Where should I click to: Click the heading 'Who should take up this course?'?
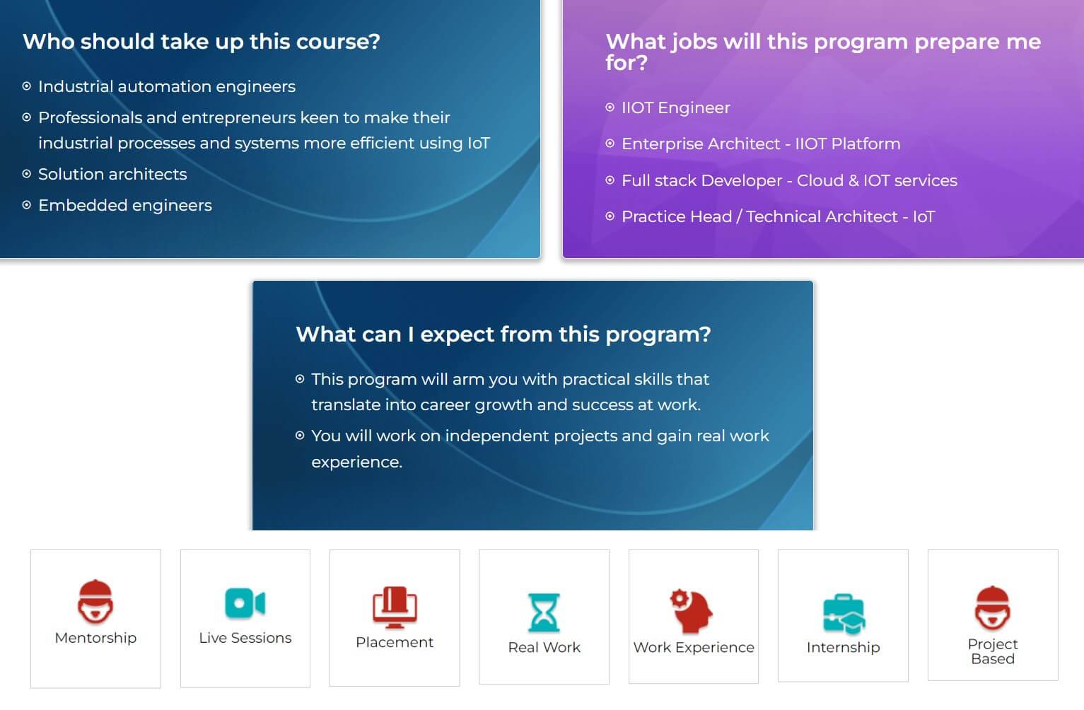[x=202, y=42]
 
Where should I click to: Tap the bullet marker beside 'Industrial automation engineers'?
[x=27, y=86]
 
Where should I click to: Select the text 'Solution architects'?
[x=112, y=174]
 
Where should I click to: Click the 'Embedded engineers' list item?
[x=125, y=206]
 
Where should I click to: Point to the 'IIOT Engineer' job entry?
[x=675, y=108]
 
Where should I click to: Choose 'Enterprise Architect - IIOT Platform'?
[x=761, y=144]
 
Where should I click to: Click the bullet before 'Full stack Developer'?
[x=610, y=180]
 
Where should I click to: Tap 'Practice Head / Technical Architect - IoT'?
[x=778, y=216]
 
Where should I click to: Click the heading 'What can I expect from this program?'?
[x=503, y=334]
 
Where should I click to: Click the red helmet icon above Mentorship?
[x=95, y=601]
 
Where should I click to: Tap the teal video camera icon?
[x=245, y=603]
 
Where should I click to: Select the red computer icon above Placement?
[x=395, y=607]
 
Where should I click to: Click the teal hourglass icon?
[x=544, y=612]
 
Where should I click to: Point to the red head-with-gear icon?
[x=692, y=611]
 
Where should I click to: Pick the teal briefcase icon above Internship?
[x=844, y=614]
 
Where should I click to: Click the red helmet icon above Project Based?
[x=993, y=607]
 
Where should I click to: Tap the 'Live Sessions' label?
[x=245, y=638]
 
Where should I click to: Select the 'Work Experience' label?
[x=694, y=648]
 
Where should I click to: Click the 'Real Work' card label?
[x=544, y=648]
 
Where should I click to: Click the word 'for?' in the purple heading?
[x=626, y=63]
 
